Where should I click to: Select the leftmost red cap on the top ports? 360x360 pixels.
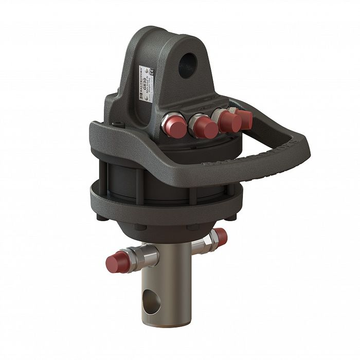click(x=174, y=127)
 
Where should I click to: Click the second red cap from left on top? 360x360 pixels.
click(x=204, y=127)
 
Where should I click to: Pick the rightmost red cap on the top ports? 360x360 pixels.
click(x=245, y=119)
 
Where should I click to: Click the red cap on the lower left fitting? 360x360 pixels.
click(x=114, y=262)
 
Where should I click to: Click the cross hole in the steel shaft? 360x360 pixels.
click(x=150, y=299)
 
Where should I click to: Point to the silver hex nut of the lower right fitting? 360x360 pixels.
click(x=208, y=240)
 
